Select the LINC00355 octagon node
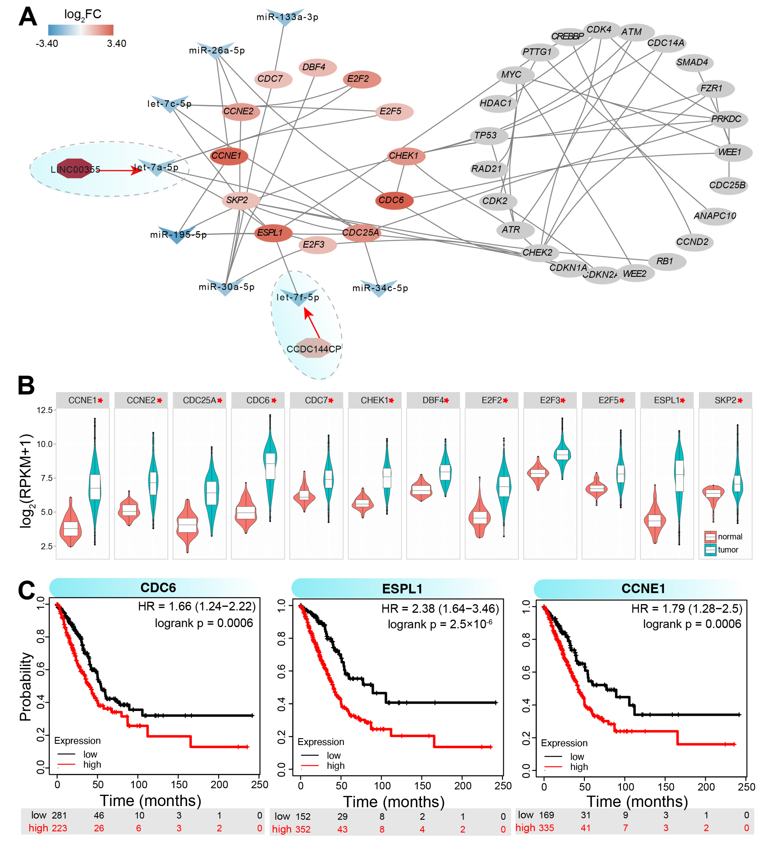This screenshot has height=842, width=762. click(x=74, y=169)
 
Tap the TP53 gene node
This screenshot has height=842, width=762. click(x=487, y=135)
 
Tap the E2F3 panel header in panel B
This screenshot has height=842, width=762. click(x=550, y=400)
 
